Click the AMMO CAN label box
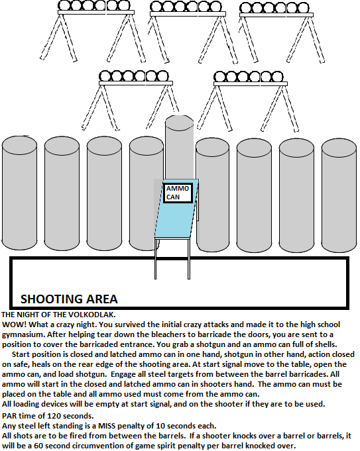pos(178,193)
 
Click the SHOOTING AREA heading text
pos(69,299)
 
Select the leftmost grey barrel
pos(19,193)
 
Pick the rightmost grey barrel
pos(339,195)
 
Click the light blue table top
pos(176,209)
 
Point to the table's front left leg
pos(156,258)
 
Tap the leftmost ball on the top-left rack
pos(64,5)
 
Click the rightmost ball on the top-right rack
pos(303,8)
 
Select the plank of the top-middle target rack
pos(188,14)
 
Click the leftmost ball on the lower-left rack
pos(105,77)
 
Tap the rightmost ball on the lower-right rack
pos(277,77)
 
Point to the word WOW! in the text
pos(14,325)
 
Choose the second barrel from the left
pos(62,193)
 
